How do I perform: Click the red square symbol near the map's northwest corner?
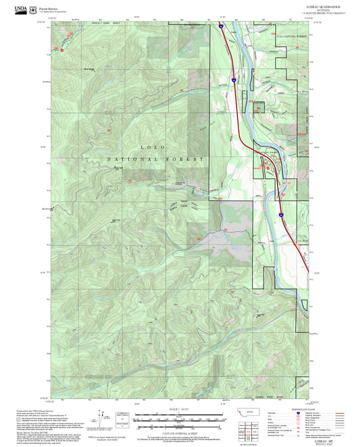click(61, 49)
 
